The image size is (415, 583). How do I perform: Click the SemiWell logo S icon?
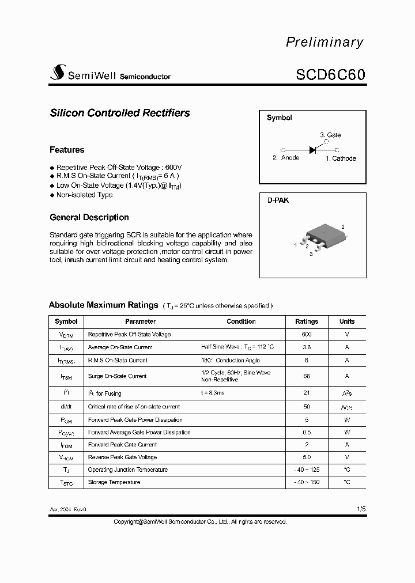58,73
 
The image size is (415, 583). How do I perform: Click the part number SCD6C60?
330,75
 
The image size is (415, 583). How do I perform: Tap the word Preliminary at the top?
325,42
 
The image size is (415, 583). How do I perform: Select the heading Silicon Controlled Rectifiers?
120,113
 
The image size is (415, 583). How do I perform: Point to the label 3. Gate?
330,135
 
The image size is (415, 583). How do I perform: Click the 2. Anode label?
286,158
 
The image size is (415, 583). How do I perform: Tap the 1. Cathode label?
341,158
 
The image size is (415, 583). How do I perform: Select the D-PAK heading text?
278,200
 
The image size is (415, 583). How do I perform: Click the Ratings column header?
307,321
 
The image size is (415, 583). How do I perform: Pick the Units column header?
347,321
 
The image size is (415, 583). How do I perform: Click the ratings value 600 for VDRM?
307,335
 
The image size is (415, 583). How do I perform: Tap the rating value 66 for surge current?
307,376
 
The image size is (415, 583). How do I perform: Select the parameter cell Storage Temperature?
114,482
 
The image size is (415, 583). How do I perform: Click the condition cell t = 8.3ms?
213,393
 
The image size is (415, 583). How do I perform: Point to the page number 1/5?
361,509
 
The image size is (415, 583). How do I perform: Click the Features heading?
67,150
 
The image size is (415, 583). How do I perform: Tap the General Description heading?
89,217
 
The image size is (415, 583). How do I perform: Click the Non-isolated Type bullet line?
84,195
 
